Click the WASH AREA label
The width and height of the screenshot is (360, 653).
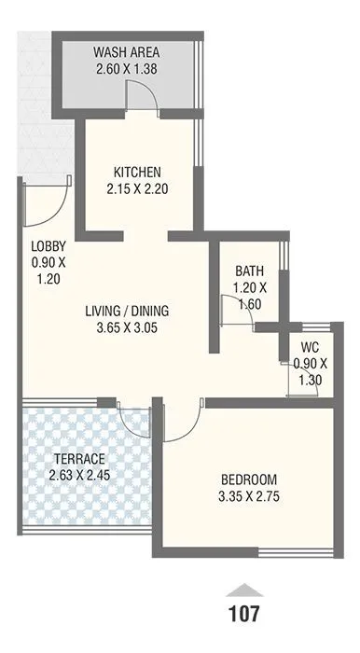[x=131, y=52]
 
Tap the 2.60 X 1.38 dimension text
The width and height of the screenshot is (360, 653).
[x=131, y=68]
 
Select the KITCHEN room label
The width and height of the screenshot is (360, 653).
[x=138, y=173]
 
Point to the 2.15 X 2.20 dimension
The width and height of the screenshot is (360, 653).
[x=138, y=188]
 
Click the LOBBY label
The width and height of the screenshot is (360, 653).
[x=47, y=246]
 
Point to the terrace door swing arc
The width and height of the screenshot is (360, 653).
[x=135, y=420]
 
